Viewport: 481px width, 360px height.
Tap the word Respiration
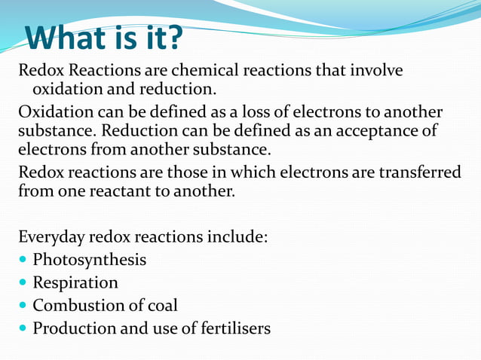coord(75,282)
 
